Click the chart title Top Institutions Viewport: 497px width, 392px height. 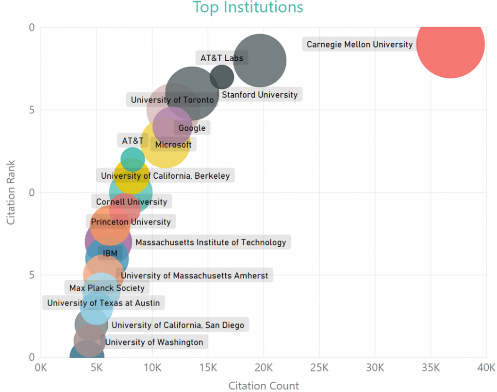pos(248,8)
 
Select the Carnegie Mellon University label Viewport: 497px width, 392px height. pos(359,45)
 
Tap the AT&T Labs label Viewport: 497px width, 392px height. pos(222,58)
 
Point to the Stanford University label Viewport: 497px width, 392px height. pos(260,95)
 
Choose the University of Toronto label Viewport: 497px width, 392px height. pos(172,100)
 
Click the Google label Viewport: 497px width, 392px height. pos(192,128)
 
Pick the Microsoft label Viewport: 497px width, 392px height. pos(173,144)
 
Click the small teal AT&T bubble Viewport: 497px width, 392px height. pos(133,158)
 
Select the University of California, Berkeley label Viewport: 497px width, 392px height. pos(166,176)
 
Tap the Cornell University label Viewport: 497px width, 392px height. pos(132,202)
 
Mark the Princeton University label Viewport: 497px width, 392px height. pos(131,222)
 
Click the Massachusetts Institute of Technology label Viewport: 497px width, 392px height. pos(211,242)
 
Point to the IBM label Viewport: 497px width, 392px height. pos(110,253)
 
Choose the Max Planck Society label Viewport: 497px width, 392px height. pos(107,288)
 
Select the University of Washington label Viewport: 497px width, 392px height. pos(154,342)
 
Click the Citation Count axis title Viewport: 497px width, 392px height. pos(264,386)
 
